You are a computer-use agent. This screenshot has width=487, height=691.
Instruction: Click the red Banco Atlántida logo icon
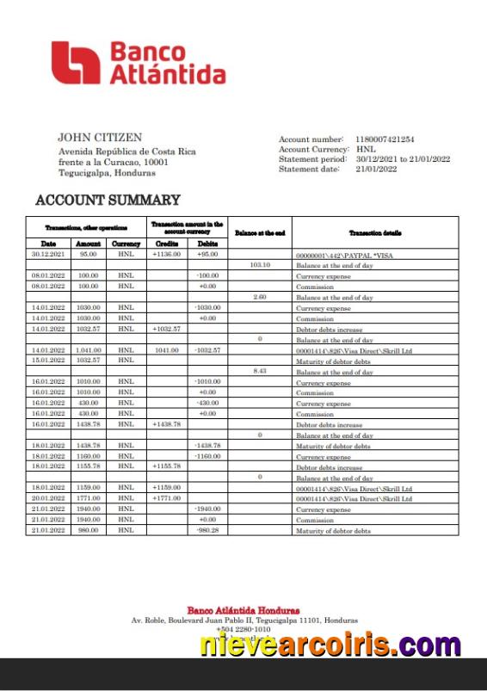click(76, 63)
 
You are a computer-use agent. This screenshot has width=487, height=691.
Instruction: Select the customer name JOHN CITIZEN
click(100, 137)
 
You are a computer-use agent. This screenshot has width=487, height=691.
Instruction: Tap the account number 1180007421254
click(385, 139)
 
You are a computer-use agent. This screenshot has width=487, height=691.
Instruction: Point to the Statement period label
click(311, 159)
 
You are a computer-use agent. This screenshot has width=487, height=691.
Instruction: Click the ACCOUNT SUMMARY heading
click(108, 201)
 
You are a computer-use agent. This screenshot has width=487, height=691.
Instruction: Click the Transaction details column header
click(374, 232)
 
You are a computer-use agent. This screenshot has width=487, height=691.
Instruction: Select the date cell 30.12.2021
click(47, 255)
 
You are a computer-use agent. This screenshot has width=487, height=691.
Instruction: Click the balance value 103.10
click(260, 265)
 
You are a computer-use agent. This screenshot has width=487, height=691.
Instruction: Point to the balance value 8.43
click(260, 371)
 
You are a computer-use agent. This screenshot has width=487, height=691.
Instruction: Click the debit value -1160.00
click(207, 455)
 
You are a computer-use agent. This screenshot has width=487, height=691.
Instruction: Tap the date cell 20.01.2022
click(47, 497)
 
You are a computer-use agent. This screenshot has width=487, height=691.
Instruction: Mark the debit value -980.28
click(207, 529)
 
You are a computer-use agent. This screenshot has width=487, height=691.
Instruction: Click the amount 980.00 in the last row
click(88, 529)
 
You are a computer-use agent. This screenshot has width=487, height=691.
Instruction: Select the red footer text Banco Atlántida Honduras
click(243, 610)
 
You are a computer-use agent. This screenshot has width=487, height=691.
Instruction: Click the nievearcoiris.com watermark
click(330, 644)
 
